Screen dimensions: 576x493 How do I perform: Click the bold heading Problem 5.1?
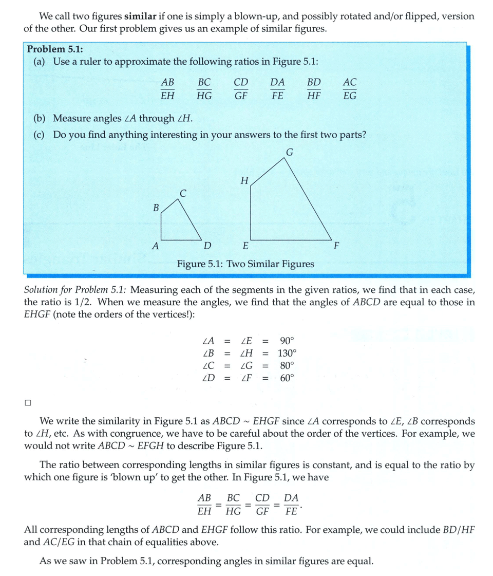pos(55,49)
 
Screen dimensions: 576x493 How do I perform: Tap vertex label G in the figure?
pos(290,152)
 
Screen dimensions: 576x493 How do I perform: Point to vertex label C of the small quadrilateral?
pos(183,193)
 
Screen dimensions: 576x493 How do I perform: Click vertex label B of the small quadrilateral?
pos(156,208)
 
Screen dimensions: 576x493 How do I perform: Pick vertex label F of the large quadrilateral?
pos(336,246)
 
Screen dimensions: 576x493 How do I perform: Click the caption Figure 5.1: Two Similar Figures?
pos(245,264)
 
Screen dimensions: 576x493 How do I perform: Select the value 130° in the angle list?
pos(287,353)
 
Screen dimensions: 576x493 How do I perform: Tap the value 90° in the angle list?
pos(287,341)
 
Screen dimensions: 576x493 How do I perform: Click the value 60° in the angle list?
pos(287,378)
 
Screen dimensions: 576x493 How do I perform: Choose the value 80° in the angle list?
pos(287,366)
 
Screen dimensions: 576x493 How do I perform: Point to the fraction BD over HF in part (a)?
pos(314,88)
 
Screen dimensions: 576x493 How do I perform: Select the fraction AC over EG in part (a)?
pos(349,88)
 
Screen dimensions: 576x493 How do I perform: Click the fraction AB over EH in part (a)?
pos(167,88)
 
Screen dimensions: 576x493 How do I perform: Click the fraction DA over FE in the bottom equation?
pos(291,505)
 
